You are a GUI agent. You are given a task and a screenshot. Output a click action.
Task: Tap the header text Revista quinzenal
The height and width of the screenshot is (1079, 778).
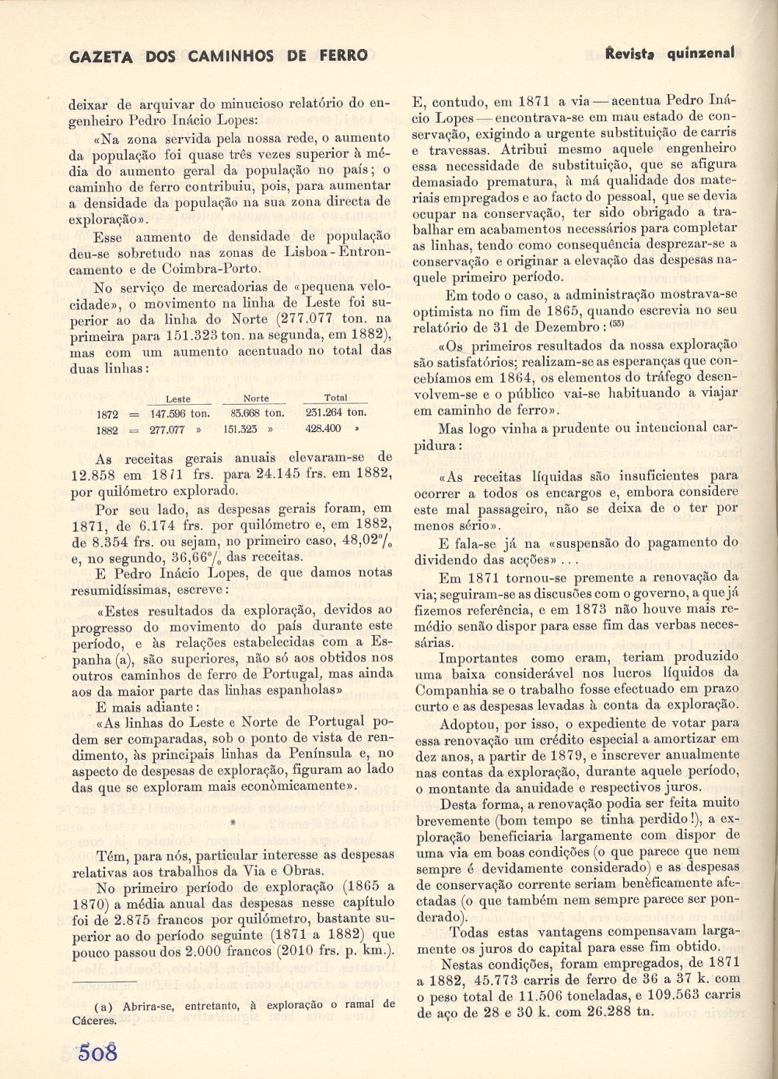670,53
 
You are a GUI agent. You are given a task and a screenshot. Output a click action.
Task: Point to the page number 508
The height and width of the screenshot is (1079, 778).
97,1053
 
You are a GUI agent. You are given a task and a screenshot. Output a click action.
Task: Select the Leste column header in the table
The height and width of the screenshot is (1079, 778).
178,399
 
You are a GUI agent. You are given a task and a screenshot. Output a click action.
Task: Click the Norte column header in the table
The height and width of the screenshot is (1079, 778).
256,399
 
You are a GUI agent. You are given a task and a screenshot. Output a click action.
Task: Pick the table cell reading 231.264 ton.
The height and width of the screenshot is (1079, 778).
335,413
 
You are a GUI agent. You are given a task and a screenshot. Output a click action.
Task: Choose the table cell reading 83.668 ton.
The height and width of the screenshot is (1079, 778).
254,413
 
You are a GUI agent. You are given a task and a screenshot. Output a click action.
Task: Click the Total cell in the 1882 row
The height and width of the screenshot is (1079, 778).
324,429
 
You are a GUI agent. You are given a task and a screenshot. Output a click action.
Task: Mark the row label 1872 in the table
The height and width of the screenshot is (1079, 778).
107,414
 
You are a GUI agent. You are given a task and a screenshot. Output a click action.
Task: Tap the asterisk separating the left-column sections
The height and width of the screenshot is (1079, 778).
233,822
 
